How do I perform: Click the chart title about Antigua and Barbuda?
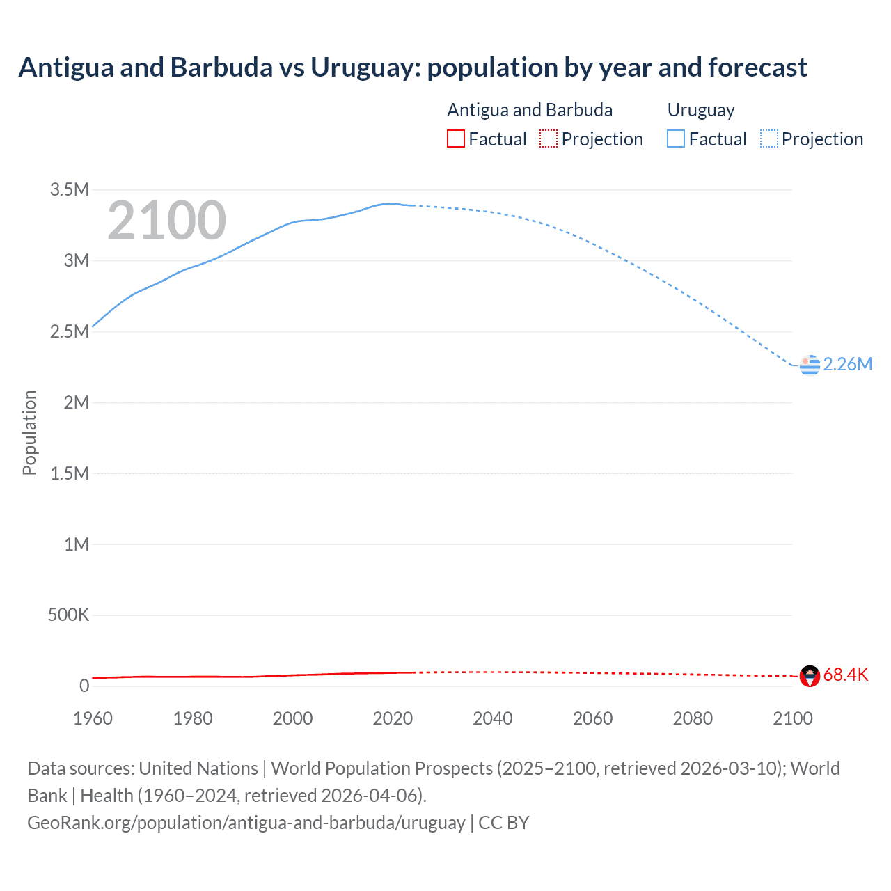[x=413, y=68]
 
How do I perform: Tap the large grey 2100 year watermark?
[x=166, y=221]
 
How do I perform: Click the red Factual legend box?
[x=455, y=139]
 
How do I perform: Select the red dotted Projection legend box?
[x=549, y=139]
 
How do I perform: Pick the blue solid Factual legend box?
[x=676, y=139]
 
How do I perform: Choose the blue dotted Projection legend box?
[x=769, y=139]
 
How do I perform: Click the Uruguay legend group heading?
[x=701, y=110]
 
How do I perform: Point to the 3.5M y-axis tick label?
[x=70, y=189]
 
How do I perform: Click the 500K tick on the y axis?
[x=68, y=615]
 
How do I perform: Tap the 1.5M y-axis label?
[x=70, y=473]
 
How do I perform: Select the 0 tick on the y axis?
[x=84, y=686]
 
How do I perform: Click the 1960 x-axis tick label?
[x=93, y=718]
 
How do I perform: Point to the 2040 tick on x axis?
[x=493, y=718]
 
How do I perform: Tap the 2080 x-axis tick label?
[x=693, y=718]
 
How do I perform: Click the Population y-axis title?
[x=29, y=432]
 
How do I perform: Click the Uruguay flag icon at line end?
[x=810, y=364]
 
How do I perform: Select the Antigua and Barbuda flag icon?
[x=810, y=675]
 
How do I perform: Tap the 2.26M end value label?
[x=847, y=364]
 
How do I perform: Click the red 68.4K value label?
[x=846, y=675]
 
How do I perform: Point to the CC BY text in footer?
[x=504, y=823]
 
